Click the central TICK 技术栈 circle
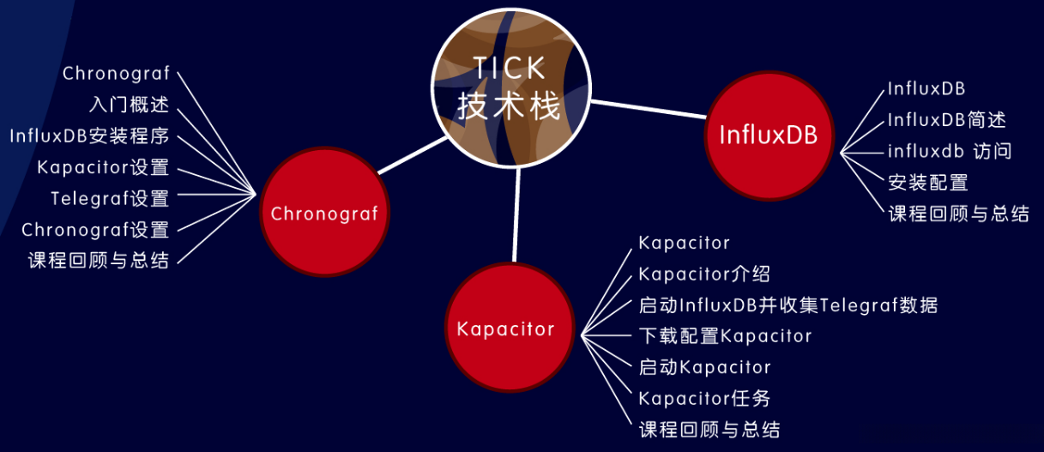(511, 87)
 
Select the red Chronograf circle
(324, 212)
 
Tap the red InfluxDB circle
(769, 136)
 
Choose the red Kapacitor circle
(510, 327)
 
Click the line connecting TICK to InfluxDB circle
(649, 109)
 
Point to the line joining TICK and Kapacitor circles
(516, 214)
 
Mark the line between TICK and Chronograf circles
(413, 155)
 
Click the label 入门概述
(129, 105)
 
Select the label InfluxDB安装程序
(89, 136)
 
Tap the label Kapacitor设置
(103, 167)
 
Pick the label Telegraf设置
(110, 198)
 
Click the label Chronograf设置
(95, 229)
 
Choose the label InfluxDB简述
(946, 120)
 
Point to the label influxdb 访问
(950, 151)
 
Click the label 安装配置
(928, 182)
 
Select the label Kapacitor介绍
(704, 274)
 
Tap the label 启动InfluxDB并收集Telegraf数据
(788, 304)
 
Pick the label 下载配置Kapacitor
(725, 335)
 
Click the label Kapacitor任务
(704, 398)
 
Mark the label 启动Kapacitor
(704, 367)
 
